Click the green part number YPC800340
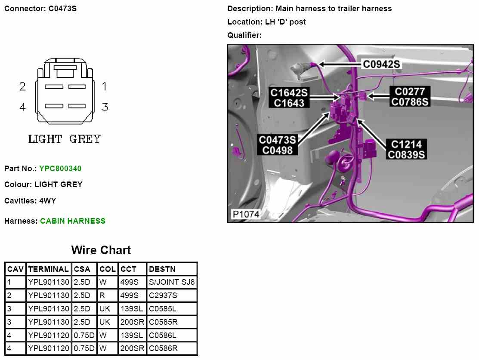point(60,169)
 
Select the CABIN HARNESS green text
point(73,221)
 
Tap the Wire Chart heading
point(101,250)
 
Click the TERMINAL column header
point(48,269)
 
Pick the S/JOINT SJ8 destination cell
point(172,283)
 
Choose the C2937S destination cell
point(163,295)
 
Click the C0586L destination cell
point(163,335)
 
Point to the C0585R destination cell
point(163,322)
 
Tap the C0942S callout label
point(382,64)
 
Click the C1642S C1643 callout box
point(289,98)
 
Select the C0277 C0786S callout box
point(410,97)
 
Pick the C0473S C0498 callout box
point(278,145)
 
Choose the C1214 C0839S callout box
point(406,149)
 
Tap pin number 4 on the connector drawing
point(23,107)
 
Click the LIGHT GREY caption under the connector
point(65,139)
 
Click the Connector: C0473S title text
point(40,8)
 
